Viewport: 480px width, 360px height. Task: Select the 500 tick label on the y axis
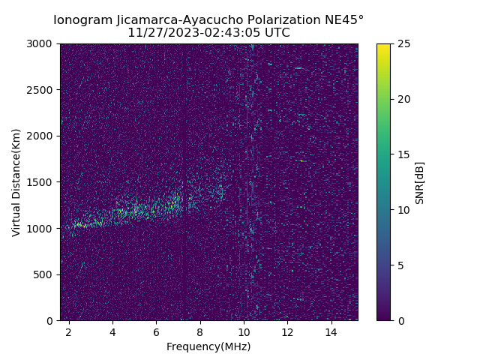[x=46, y=274]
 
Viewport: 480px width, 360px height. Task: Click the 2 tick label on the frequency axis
[x=69, y=331]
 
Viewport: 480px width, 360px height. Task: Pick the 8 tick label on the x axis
[x=200, y=331]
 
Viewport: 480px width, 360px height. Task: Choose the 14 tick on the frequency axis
[x=331, y=331]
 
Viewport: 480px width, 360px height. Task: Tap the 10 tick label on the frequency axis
[x=244, y=331]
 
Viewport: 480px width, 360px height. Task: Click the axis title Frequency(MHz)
[x=208, y=346]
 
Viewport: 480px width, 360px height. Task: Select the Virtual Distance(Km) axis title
[x=16, y=182]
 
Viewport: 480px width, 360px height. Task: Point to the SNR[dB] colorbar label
[x=420, y=182]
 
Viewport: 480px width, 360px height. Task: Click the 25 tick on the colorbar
[x=402, y=43]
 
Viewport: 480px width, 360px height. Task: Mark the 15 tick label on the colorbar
[x=402, y=154]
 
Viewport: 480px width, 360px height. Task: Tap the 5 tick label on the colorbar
[x=399, y=265]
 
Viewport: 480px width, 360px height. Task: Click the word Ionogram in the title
[x=83, y=19]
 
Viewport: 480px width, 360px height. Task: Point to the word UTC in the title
[x=276, y=33]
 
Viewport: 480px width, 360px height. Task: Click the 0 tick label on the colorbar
[x=399, y=321]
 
